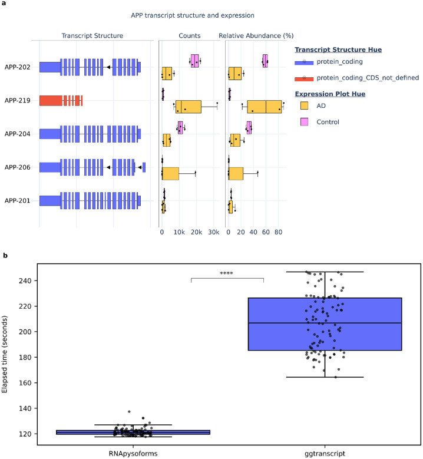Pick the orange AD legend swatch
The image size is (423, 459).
[304, 105]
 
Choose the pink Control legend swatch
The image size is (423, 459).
[304, 121]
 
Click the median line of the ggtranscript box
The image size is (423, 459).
[325, 323]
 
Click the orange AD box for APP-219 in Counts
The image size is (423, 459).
[188, 107]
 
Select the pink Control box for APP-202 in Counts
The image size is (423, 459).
[194, 61]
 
